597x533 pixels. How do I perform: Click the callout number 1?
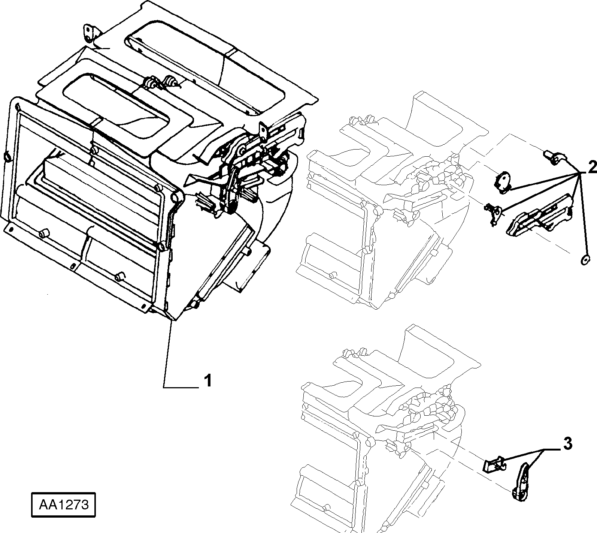207,381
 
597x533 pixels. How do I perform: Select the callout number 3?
568,445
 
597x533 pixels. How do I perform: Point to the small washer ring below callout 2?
584,260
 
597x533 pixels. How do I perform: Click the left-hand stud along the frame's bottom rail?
44,234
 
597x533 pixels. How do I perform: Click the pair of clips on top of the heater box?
161,83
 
